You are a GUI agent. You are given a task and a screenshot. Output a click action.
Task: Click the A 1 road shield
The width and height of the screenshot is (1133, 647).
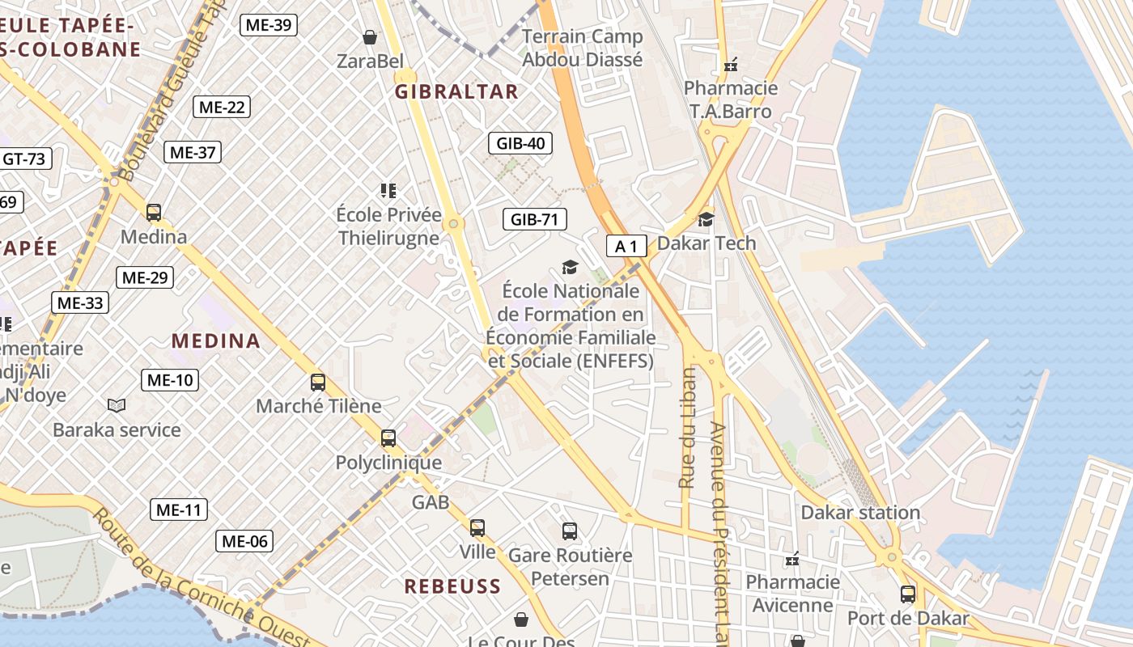coord(626,246)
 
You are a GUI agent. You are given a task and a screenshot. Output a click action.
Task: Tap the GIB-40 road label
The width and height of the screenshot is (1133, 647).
coord(520,144)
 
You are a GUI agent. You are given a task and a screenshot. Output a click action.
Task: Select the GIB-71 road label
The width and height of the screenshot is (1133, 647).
coord(534,218)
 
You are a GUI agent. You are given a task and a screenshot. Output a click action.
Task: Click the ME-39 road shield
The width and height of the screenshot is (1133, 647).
coord(269,25)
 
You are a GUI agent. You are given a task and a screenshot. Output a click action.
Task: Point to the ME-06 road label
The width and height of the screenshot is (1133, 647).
coord(244,541)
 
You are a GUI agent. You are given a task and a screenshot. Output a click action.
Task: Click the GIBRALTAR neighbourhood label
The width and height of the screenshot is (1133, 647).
coord(456,91)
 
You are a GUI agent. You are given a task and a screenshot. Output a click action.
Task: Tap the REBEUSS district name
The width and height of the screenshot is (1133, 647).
coord(452,586)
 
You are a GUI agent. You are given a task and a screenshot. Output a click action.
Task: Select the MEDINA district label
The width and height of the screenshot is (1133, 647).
coord(216,340)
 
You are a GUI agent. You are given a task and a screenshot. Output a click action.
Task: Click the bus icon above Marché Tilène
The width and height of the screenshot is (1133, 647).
coord(318,383)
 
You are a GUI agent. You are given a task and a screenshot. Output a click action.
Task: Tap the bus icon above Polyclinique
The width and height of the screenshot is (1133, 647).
coord(388,438)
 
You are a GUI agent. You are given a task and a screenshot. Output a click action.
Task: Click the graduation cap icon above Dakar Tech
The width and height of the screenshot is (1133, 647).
coord(707,219)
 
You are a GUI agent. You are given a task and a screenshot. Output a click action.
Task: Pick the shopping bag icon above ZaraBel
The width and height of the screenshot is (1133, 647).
coord(370,37)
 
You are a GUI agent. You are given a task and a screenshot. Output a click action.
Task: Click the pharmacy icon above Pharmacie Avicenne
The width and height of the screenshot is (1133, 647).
coord(792,559)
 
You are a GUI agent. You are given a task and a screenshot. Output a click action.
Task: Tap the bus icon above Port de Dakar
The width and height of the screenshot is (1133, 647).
coord(908,594)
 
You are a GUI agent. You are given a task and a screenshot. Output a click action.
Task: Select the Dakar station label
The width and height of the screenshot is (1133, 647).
coord(860,512)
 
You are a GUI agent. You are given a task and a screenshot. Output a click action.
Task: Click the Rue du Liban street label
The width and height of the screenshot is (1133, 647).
coord(687,429)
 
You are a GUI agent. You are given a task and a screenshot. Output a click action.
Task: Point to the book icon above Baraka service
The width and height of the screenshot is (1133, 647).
coord(117,405)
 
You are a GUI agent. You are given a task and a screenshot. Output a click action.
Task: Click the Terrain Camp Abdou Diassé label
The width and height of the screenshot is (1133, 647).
coord(582,48)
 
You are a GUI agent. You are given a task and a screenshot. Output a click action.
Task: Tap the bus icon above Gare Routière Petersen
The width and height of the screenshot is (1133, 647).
coord(570,531)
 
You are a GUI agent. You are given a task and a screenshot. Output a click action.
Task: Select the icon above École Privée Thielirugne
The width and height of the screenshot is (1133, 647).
coord(388,191)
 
